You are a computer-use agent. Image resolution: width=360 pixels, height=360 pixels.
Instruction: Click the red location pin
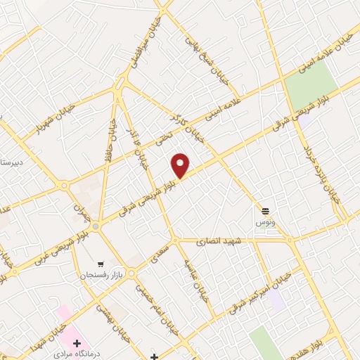(181, 165)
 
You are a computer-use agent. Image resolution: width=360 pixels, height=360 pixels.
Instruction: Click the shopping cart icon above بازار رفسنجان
(102, 261)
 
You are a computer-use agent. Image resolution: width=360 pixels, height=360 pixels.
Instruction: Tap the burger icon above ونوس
(266, 210)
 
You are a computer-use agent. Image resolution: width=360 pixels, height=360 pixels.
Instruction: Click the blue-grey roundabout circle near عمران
(96, 226)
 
